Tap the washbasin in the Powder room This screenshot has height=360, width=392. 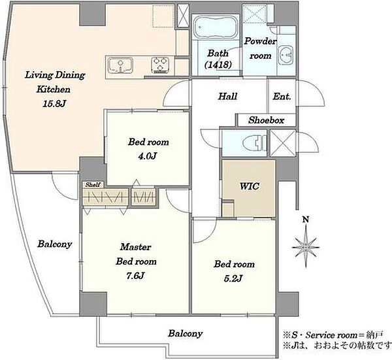pyautogui.click(x=286, y=55)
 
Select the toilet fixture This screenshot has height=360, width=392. pyautogui.click(x=255, y=143)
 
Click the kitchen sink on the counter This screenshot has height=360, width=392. pyautogui.click(x=120, y=65)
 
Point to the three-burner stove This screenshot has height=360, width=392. pyautogui.click(x=160, y=65)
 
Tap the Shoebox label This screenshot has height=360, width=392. pyautogui.click(x=267, y=120)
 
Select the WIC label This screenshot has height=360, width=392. pyautogui.click(x=250, y=186)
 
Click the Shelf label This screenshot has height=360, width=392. pyautogui.click(x=93, y=185)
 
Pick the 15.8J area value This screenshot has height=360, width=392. pyautogui.click(x=54, y=104)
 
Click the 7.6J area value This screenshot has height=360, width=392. pyautogui.click(x=135, y=276)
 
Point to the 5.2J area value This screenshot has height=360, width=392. pyautogui.click(x=233, y=278)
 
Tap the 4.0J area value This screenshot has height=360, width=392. pyautogui.click(x=148, y=156)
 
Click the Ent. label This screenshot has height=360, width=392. pyautogui.click(x=282, y=97)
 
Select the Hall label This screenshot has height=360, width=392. pyautogui.click(x=227, y=96)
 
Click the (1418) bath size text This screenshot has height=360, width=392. pyautogui.click(x=218, y=65)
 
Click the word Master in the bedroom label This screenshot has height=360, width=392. pyautogui.click(x=135, y=247)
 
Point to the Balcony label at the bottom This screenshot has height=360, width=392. pyautogui.click(x=186, y=333)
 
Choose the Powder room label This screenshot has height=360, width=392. pyautogui.click(x=261, y=48)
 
